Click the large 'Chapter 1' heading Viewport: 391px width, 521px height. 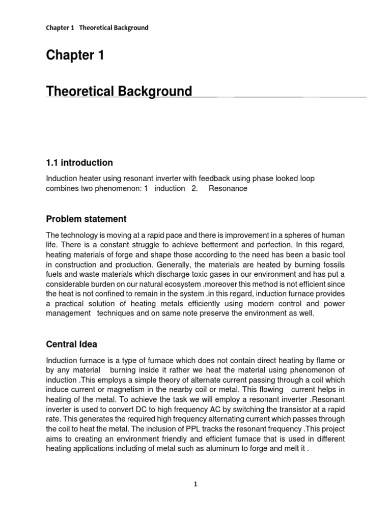coord(75,56)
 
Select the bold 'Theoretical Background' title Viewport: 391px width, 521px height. coord(119,92)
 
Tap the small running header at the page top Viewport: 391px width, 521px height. coord(97,27)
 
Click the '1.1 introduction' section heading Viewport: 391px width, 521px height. coord(79,163)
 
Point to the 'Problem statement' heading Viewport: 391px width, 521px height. coord(86,219)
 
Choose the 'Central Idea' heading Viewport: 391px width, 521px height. coord(71,344)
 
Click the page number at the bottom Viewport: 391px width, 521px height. coord(195,484)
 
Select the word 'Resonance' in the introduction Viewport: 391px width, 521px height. coord(228,188)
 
